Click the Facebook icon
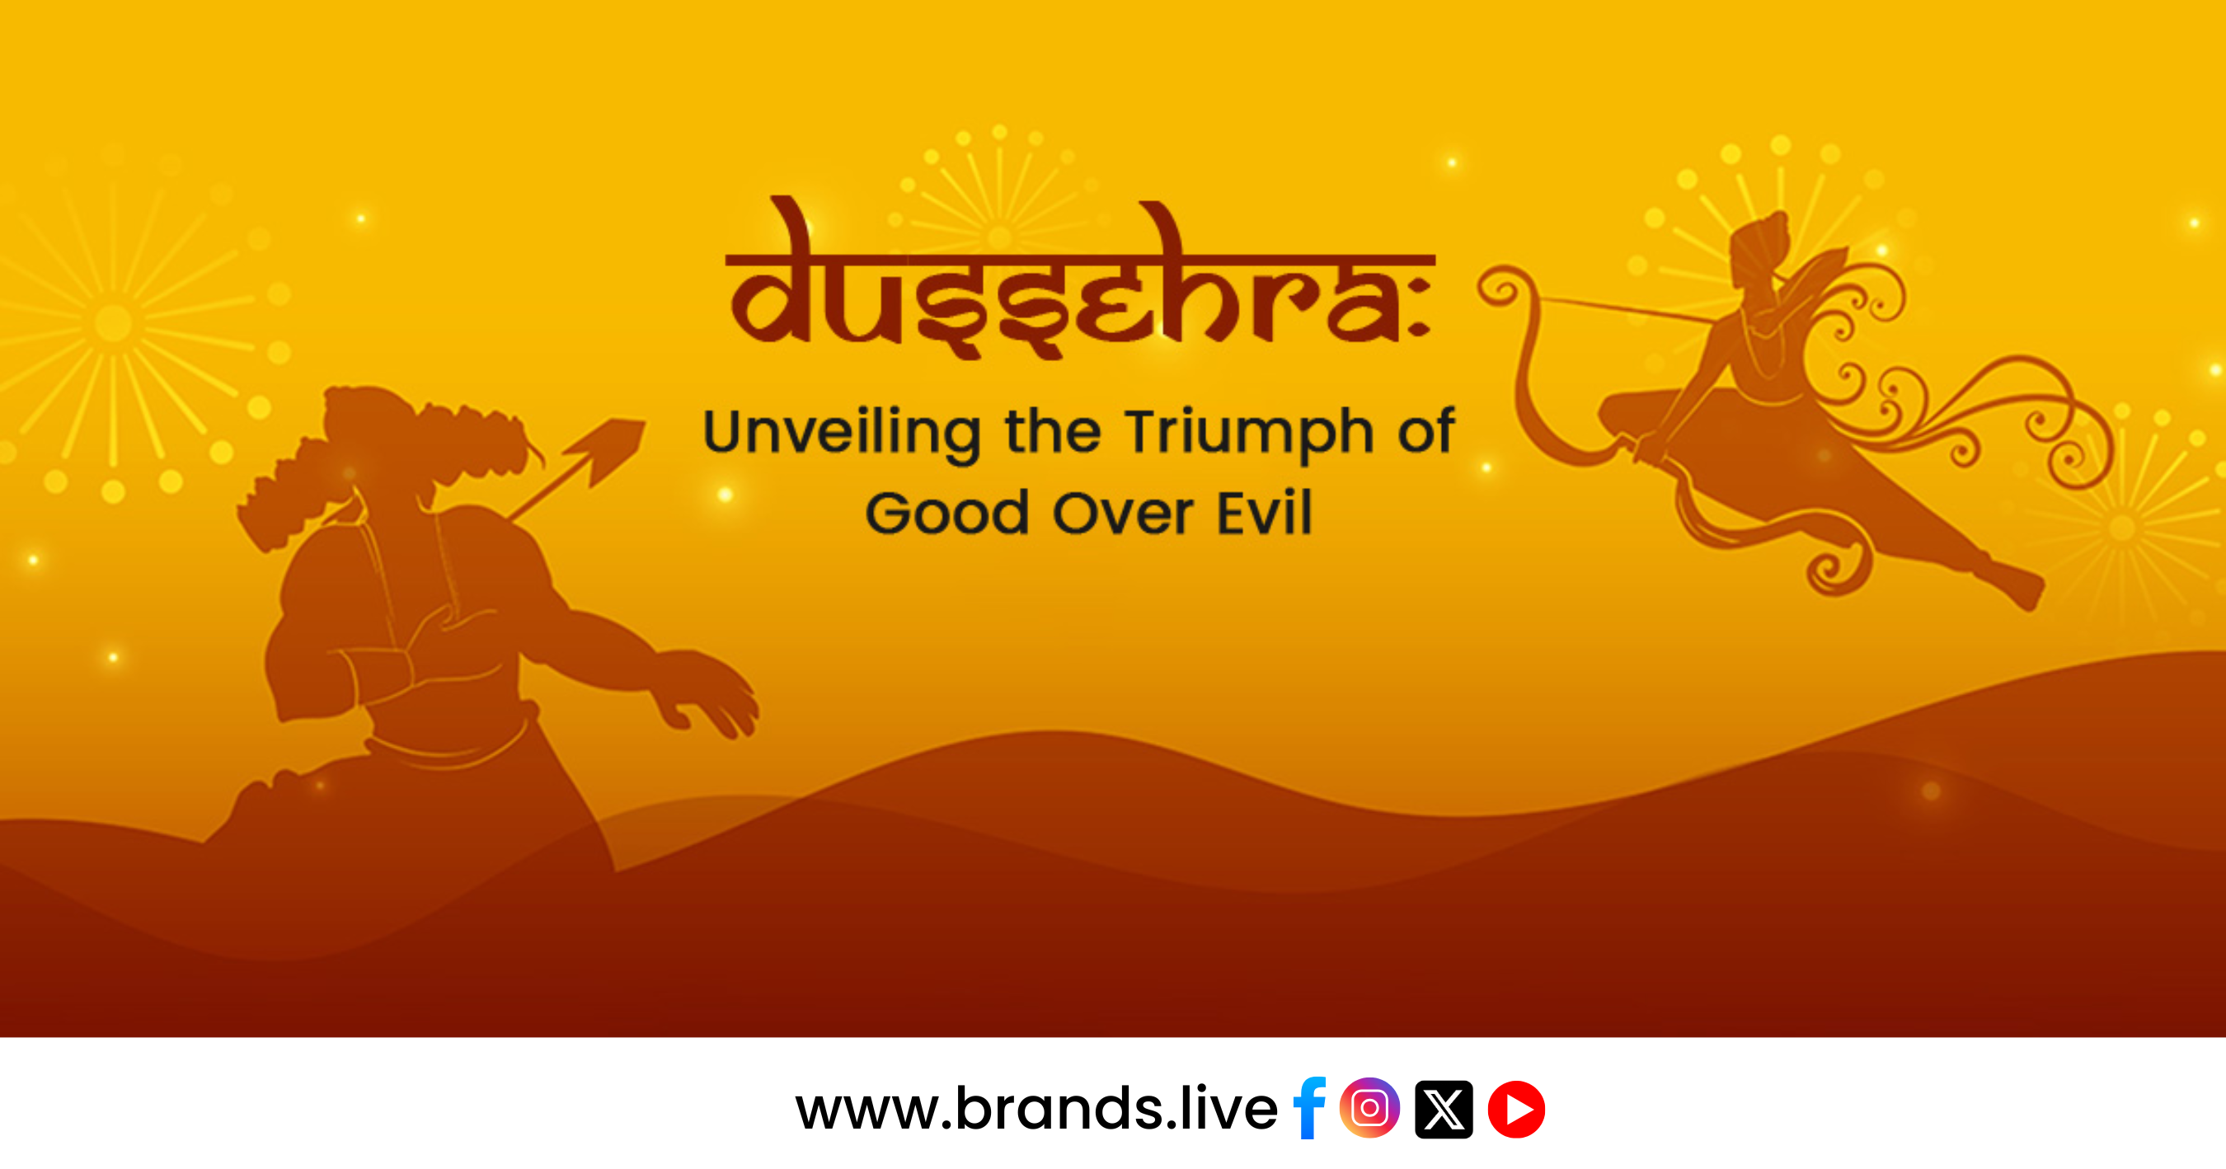pos(1309,1109)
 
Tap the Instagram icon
pos(1369,1108)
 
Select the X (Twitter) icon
pos(1443,1109)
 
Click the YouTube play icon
pos(1516,1109)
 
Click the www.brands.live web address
pos(1036,1108)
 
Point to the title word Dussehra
pos(1080,278)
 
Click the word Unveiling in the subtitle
pos(842,433)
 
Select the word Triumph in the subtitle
pos(1249,433)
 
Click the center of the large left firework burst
pos(113,323)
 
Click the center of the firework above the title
pos(1000,236)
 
